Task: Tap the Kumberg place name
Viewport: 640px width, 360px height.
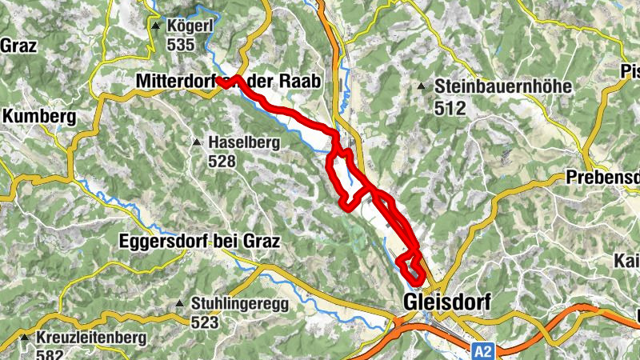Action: [x=39, y=117]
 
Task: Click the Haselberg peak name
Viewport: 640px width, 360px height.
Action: [x=241, y=142]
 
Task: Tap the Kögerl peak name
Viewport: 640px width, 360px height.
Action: [x=188, y=26]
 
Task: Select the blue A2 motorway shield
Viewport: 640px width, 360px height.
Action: [x=482, y=351]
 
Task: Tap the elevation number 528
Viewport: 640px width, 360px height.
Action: [x=223, y=162]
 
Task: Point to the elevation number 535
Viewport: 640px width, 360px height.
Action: [x=181, y=45]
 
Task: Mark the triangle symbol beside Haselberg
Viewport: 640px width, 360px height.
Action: [x=196, y=142]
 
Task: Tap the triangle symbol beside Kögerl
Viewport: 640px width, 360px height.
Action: [x=155, y=26]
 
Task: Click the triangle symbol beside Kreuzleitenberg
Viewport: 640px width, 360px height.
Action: [x=26, y=338]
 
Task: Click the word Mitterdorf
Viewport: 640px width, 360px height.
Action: [x=176, y=82]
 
